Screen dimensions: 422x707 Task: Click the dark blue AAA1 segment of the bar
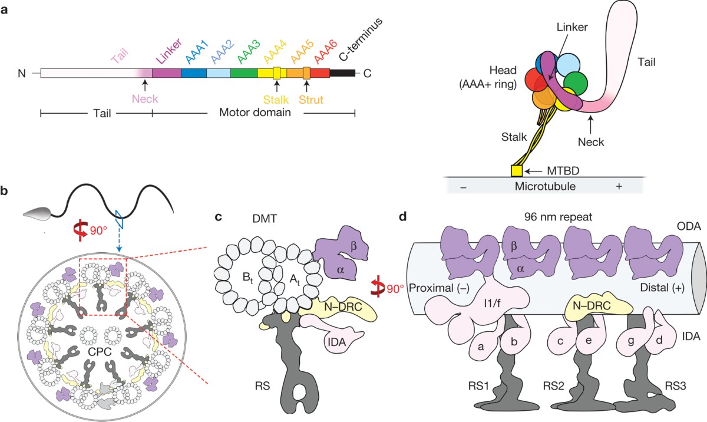click(193, 74)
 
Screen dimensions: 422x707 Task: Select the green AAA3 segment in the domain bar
click(243, 74)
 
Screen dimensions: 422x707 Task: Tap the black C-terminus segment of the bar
click(342, 74)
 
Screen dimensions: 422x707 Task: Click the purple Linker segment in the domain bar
click(166, 74)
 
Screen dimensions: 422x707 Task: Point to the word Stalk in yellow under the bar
click(276, 100)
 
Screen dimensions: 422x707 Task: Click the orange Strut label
click(311, 100)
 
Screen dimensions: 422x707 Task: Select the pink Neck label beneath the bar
click(145, 99)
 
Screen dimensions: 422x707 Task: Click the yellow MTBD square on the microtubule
click(516, 171)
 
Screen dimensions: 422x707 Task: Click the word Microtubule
click(543, 185)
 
